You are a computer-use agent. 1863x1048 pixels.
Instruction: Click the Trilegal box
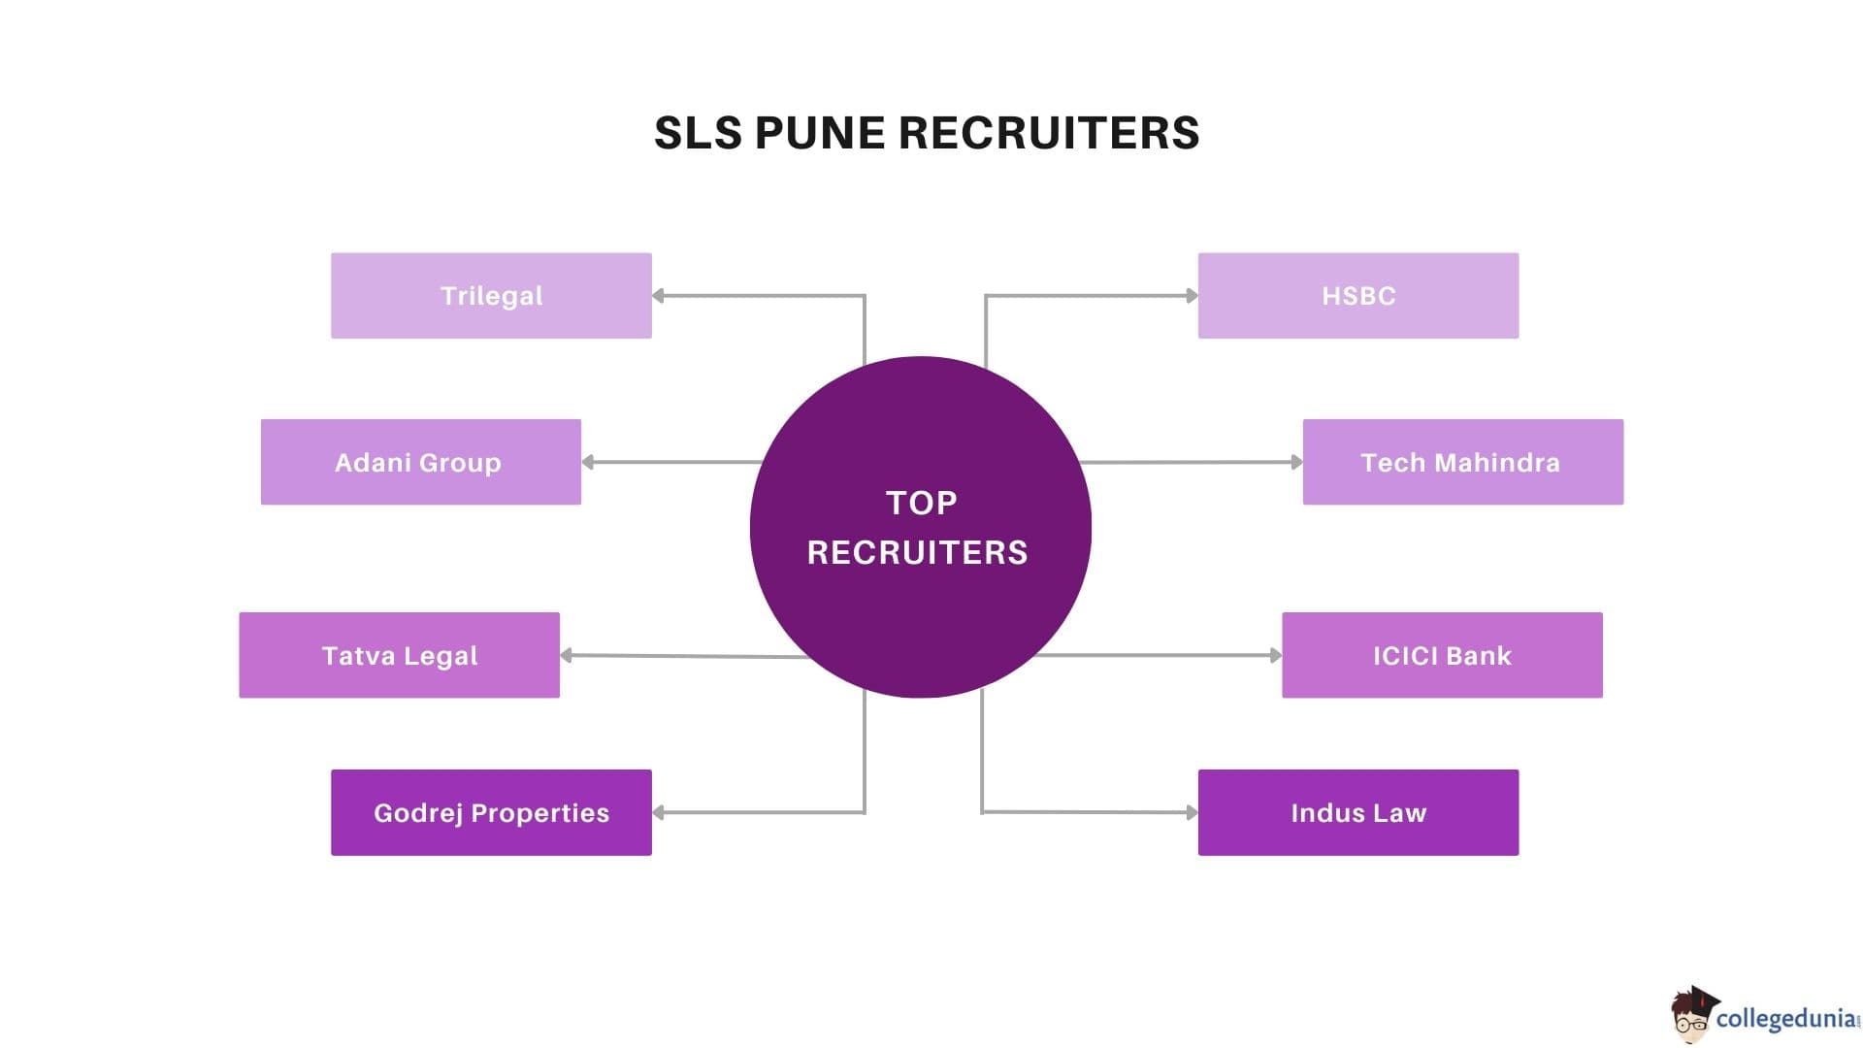491,296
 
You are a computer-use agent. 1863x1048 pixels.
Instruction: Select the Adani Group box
420,462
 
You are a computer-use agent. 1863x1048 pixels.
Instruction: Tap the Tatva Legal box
399,655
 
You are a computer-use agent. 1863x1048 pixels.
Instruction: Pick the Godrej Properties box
491,812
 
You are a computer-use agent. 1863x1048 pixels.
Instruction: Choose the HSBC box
1357,296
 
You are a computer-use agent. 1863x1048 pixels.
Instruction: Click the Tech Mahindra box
1462,462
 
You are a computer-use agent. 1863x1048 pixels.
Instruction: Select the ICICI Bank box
1442,655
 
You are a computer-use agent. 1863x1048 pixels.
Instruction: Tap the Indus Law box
1357,812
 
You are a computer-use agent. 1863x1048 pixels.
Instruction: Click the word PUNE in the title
820,133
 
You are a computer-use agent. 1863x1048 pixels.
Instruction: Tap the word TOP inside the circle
921,503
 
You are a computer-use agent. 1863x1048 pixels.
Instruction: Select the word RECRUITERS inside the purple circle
917,552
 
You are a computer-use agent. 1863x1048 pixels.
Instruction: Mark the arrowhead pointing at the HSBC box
1192,296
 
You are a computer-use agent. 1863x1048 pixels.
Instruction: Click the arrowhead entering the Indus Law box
1192,812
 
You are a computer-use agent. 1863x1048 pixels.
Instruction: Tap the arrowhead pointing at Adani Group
588,462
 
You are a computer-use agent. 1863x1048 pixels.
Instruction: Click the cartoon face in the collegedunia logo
1691,1017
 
